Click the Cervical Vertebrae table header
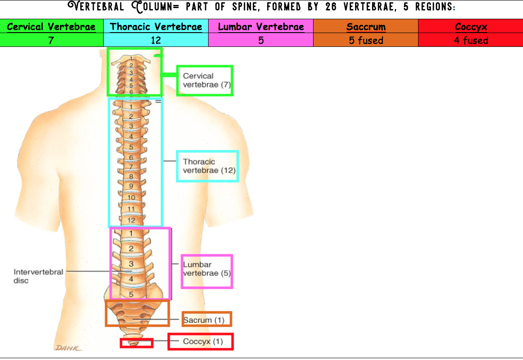pyautogui.click(x=51, y=27)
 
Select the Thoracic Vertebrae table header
pyautogui.click(x=156, y=27)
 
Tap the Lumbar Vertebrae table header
pyautogui.click(x=261, y=27)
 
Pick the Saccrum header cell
pyautogui.click(x=366, y=27)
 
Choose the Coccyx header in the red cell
pyautogui.click(x=471, y=27)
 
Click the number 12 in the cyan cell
pyautogui.click(x=156, y=40)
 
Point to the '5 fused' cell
pyautogui.click(x=366, y=40)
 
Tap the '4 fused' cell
pyautogui.click(x=471, y=40)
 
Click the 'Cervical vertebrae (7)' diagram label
pyautogui.click(x=205, y=80)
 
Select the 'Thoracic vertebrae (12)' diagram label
pyautogui.click(x=207, y=166)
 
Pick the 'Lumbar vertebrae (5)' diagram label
pyautogui.click(x=206, y=269)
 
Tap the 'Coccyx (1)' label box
pyautogui.click(x=201, y=342)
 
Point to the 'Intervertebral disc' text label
pyautogui.click(x=38, y=276)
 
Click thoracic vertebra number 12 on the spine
pyautogui.click(x=131, y=220)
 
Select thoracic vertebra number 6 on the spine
pyautogui.click(x=131, y=157)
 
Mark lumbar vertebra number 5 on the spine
pyautogui.click(x=131, y=294)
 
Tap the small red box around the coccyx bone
pyautogui.click(x=137, y=343)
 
